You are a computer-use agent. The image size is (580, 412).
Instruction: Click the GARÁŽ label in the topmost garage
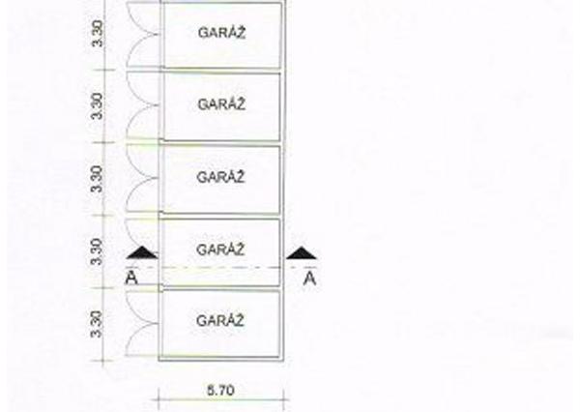tap(220, 31)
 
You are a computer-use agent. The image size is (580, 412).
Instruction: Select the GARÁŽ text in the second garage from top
tap(220, 103)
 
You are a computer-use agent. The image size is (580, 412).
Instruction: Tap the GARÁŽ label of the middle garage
tap(220, 177)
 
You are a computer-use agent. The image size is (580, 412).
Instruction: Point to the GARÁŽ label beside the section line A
tap(220, 250)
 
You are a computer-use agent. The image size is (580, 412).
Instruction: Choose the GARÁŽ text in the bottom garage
tap(220, 320)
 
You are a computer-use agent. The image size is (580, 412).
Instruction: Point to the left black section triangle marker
tap(141, 252)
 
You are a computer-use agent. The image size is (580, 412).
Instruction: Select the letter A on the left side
tap(131, 278)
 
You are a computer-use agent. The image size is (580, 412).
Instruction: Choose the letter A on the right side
tap(310, 279)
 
